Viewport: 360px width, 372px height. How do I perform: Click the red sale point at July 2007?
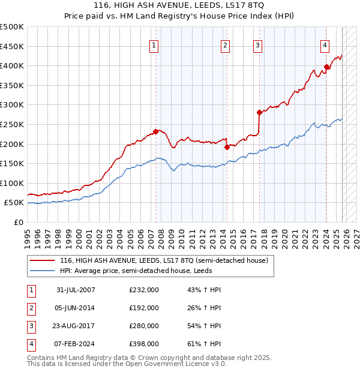tap(156, 131)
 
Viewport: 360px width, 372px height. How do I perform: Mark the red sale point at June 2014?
tap(227, 147)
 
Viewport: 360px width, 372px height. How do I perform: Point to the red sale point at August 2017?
tap(259, 112)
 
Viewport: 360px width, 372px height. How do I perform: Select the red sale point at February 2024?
tap(326, 67)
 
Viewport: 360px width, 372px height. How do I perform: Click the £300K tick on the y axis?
tap(13, 105)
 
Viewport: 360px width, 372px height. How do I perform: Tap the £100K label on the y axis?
tap(13, 183)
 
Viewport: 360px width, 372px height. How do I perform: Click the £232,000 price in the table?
tap(144, 290)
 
